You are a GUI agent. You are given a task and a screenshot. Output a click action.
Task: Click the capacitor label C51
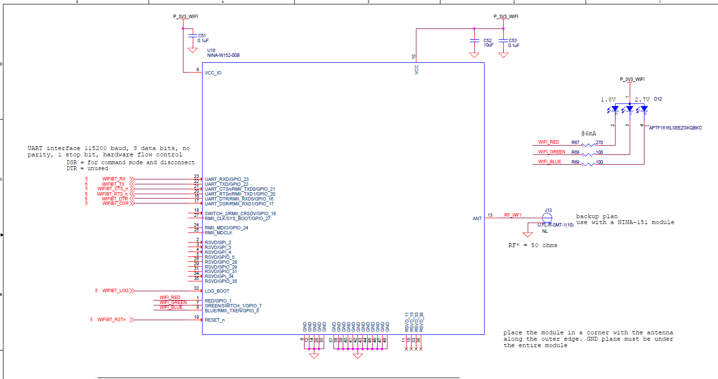pos(202,36)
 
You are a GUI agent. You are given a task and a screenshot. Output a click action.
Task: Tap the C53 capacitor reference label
pos(513,41)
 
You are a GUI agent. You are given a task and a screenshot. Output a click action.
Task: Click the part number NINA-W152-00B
pos(223,55)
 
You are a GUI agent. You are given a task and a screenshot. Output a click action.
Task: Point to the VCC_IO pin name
pos(213,73)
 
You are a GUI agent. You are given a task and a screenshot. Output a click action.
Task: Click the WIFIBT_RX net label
pos(114,179)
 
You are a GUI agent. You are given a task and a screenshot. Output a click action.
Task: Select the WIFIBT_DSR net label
pos(115,203)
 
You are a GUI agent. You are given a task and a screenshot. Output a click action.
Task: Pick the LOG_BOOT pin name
pos(217,291)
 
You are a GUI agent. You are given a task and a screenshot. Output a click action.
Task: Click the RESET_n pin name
pos(215,320)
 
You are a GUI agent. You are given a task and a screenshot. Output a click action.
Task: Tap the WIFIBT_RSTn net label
pos(111,320)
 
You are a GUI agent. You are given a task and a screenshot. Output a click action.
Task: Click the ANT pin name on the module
pos(477,219)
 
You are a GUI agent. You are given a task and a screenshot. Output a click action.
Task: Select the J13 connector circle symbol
pos(547,217)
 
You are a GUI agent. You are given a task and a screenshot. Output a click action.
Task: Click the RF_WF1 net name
pos(513,215)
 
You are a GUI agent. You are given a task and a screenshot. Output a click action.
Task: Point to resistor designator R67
pos(575,142)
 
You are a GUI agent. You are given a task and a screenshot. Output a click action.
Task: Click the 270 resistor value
pos(599,142)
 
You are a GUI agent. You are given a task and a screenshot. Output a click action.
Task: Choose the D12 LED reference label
pos(658,99)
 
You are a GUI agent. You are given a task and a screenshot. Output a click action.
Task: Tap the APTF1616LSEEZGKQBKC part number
pos(675,128)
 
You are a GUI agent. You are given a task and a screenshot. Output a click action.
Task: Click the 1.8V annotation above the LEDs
pos(608,100)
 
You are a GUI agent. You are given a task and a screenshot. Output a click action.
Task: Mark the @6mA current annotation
pos(589,133)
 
